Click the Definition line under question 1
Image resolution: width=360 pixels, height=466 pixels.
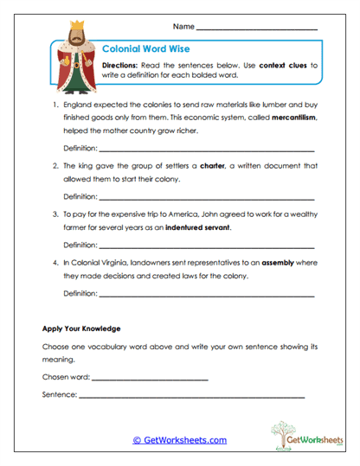[x=206, y=150]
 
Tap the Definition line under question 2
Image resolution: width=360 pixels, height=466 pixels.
[x=206, y=196]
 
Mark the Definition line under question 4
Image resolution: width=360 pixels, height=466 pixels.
[x=206, y=293]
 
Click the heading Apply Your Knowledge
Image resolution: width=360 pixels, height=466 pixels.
[x=81, y=329]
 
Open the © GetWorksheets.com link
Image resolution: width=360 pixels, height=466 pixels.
[x=179, y=439]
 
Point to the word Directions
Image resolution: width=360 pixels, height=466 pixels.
[x=119, y=65]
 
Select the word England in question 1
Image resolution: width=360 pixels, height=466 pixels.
[x=80, y=102]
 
